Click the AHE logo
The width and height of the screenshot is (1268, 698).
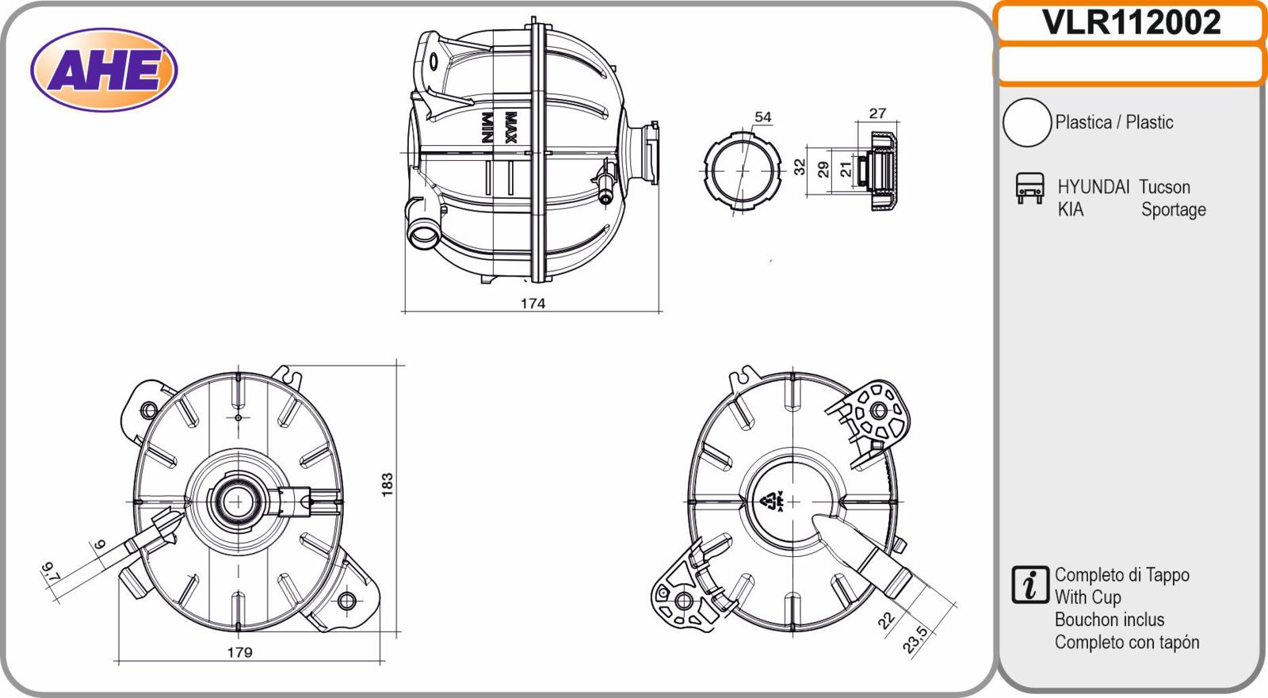point(104,71)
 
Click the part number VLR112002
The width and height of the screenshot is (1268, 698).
point(1131,23)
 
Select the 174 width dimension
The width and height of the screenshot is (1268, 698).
point(533,303)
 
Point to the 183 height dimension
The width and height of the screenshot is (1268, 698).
point(388,485)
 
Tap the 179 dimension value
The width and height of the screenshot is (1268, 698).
point(239,652)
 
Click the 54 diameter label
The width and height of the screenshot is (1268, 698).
point(763,116)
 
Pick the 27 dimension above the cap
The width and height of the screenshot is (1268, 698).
point(877,113)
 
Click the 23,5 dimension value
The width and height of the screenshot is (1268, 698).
point(915,639)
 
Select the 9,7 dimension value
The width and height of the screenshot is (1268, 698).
point(51,572)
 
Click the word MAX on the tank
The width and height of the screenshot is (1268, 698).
point(510,128)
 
